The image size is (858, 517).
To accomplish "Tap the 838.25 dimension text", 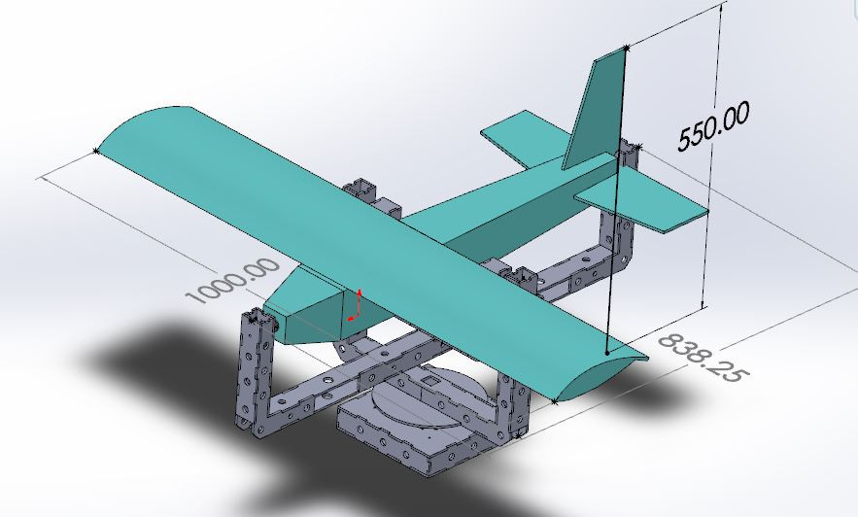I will (x=698, y=357).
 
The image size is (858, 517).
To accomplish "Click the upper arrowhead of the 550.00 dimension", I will (x=721, y=8).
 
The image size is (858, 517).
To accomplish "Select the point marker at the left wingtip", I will (x=95, y=150).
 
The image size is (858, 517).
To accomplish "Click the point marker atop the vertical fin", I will (x=627, y=46).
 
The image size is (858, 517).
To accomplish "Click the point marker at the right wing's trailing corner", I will (x=554, y=399).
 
